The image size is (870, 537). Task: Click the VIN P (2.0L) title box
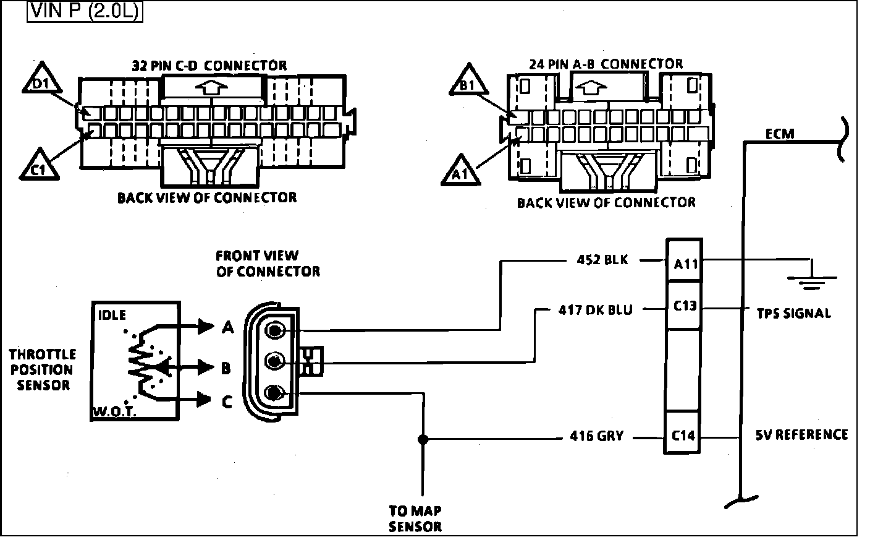pos(85,12)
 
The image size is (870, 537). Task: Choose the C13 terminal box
pos(683,306)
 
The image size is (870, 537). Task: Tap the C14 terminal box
pos(683,435)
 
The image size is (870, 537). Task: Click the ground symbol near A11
pos(810,277)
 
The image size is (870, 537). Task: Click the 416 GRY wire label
pos(596,437)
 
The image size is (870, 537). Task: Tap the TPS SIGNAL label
pos(793,313)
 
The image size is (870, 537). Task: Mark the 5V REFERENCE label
pos(801,435)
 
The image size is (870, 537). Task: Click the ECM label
pos(780,134)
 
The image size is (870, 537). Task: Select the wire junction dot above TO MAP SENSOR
pos(423,440)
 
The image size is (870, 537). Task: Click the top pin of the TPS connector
pos(274,332)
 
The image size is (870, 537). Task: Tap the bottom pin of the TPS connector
pos(274,392)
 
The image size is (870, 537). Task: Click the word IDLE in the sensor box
pos(112,315)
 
